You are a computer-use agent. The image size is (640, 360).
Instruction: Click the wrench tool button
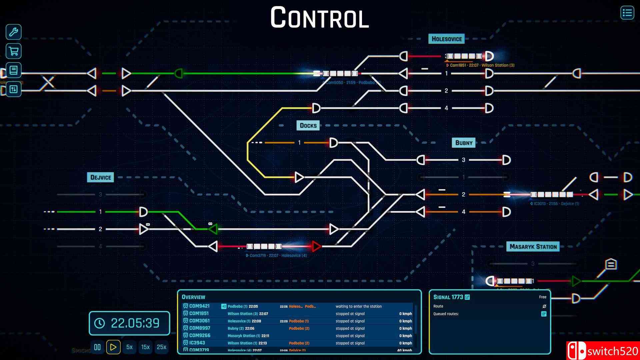13,32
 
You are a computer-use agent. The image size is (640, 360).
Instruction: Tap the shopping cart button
13,51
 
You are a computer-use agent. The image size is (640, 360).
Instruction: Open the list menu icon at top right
627,13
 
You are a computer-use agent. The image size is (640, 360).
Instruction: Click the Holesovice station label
446,39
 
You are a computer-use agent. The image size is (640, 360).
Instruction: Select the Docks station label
308,126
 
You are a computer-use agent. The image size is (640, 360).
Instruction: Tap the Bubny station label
464,143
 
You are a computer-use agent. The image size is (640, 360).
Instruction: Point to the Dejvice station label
100,177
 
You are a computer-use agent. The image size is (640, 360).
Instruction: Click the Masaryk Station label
533,247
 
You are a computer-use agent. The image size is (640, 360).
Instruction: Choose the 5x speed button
129,347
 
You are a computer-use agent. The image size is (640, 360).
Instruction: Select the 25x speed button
161,347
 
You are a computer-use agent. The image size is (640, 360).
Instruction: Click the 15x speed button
145,347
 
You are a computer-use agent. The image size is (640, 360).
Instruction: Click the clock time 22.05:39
135,323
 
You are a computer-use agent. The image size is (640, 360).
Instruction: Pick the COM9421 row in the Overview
199,306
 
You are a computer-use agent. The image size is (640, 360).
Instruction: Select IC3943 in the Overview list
197,343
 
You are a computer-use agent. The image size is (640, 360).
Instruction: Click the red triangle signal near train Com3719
316,246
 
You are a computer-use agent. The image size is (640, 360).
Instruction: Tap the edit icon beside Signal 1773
467,297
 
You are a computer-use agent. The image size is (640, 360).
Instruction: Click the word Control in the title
319,18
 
